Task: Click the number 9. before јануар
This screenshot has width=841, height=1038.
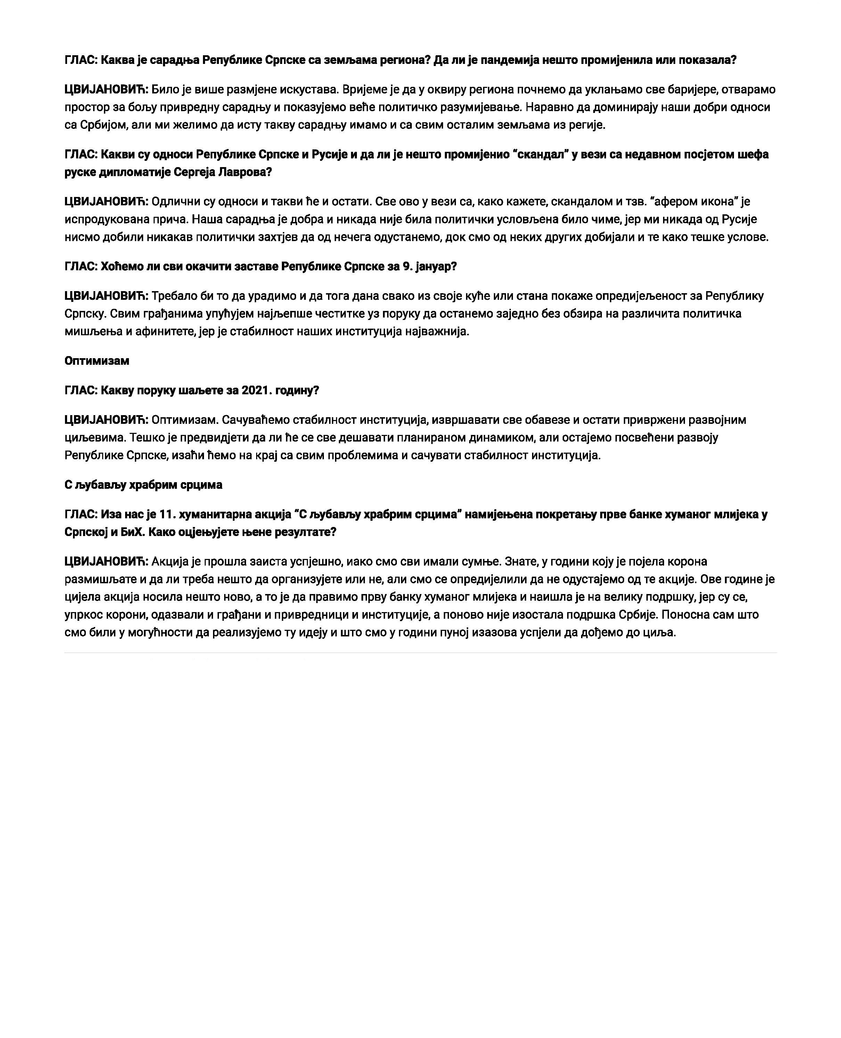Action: [408, 267]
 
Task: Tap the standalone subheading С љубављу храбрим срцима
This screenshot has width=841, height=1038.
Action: [144, 485]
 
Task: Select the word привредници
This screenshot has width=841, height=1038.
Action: [304, 615]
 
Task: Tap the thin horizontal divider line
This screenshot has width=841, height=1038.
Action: [420, 653]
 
